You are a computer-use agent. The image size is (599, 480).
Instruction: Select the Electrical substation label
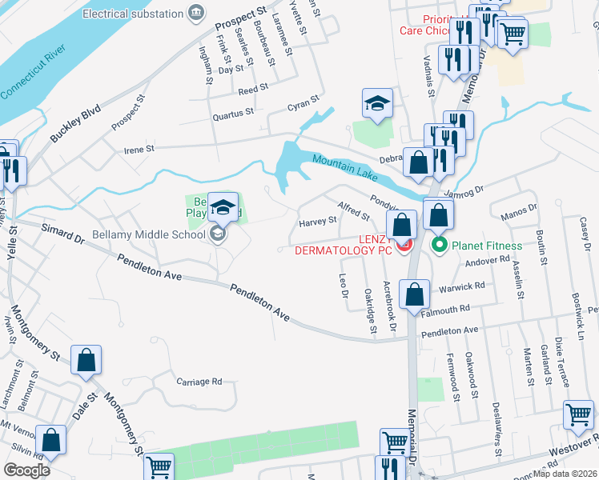133,14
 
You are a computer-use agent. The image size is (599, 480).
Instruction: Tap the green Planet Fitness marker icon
438,245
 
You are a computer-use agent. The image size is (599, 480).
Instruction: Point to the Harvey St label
316,222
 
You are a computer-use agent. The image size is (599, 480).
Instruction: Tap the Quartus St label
233,114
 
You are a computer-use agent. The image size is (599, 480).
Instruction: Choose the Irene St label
139,149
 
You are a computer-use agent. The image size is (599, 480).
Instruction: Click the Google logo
26,470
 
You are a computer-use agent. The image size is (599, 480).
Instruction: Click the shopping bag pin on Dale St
86,361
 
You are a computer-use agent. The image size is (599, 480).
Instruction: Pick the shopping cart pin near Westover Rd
578,414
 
